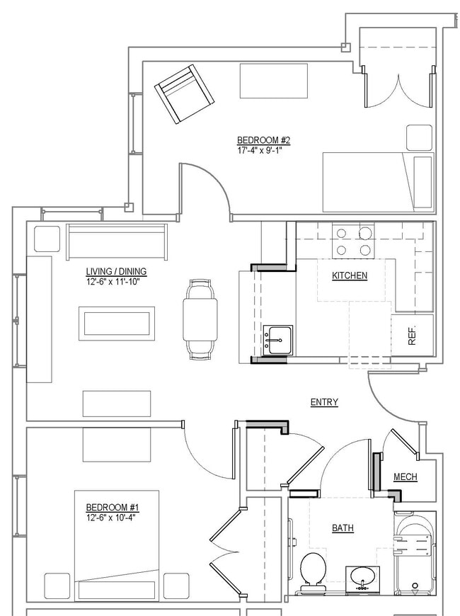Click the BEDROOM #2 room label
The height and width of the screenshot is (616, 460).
pos(263,140)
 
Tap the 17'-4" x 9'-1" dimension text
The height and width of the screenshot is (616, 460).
pos(263,150)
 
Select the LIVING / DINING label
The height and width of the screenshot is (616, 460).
pos(116,272)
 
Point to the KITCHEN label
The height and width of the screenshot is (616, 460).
pos(350,275)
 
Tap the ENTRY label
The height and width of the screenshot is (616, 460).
pos(324,402)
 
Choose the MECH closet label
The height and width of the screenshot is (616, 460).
pos(405,477)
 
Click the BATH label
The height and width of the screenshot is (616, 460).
pos(343,528)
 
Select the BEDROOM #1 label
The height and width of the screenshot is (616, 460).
pos(112,508)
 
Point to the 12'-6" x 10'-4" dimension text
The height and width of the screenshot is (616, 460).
pos(112,518)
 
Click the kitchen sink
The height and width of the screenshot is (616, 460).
pos(277,341)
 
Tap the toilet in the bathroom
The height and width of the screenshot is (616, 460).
pos(312,571)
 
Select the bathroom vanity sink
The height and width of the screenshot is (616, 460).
pos(362,578)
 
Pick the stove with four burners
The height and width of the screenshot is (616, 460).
pos(353,241)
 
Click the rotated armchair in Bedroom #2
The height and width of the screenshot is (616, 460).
pos(183,93)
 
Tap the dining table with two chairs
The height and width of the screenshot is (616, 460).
pos(200,320)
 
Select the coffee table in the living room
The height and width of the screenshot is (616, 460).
pos(117,324)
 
